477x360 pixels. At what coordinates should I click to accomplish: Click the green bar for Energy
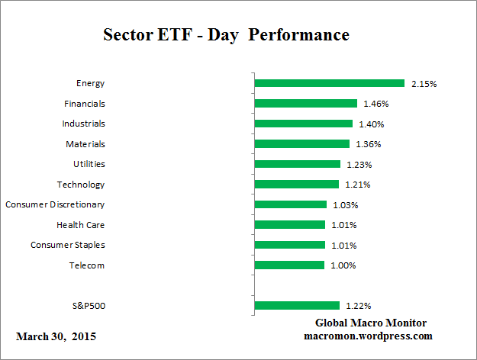pyautogui.click(x=329, y=83)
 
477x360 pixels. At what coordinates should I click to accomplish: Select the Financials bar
pyautogui.click(x=305, y=103)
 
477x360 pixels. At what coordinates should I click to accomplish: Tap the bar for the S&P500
pyautogui.click(x=296, y=306)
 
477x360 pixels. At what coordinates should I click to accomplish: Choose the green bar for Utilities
pyautogui.click(x=297, y=164)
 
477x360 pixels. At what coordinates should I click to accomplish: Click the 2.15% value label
pyautogui.click(x=424, y=83)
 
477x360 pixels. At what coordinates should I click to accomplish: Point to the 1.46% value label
pyautogui.click(x=375, y=103)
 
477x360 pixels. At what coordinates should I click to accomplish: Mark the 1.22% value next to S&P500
pyautogui.click(x=357, y=306)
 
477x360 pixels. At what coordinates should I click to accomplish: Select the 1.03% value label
pyautogui.click(x=345, y=204)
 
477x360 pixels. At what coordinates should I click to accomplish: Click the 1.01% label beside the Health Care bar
pyautogui.click(x=343, y=225)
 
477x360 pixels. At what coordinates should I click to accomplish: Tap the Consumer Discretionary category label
pyautogui.click(x=55, y=204)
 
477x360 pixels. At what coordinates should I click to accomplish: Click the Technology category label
pyautogui.click(x=81, y=185)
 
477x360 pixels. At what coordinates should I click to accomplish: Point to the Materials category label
pyautogui.click(x=85, y=143)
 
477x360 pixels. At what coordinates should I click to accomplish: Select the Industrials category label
pyautogui.click(x=83, y=124)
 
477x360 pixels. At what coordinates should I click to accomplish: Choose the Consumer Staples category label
pyautogui.click(x=67, y=245)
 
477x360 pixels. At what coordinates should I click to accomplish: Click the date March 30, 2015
pyautogui.click(x=56, y=336)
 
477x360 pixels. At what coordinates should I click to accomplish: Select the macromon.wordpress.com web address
pyautogui.click(x=369, y=336)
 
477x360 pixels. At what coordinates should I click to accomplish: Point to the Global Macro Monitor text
pyautogui.click(x=371, y=323)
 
